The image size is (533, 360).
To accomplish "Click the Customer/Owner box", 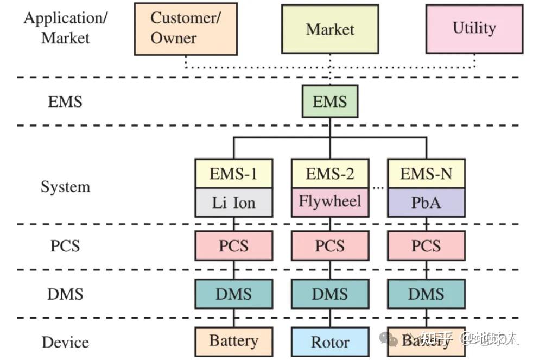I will coord(186,28).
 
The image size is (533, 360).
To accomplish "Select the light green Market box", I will coord(329,29).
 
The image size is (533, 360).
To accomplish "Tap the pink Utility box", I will coord(474,29).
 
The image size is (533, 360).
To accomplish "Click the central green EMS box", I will coord(329,102).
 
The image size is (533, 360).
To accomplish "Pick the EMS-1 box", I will coord(233,174).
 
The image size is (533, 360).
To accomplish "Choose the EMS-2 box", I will coord(329,174).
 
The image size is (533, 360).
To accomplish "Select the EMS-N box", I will coord(426,174).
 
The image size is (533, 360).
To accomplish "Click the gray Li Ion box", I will coord(233,203).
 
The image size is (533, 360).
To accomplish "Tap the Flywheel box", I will coord(329,202).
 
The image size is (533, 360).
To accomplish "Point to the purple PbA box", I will coord(426,203).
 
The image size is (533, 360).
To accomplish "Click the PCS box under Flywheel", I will coord(329,245).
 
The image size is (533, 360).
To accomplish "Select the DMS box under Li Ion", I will coord(233,294).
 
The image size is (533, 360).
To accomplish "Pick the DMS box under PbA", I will coord(426,294).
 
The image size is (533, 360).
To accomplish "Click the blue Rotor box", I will coord(329,342).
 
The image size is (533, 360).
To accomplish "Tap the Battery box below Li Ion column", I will coord(233,342).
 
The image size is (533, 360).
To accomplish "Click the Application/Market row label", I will coord(65,27).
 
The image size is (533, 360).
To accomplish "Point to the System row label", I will coord(65,187).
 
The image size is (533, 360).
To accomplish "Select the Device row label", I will coord(65,342).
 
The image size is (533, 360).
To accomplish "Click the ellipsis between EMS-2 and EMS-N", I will coord(378,187).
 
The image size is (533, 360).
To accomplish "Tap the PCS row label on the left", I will coord(65,245).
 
